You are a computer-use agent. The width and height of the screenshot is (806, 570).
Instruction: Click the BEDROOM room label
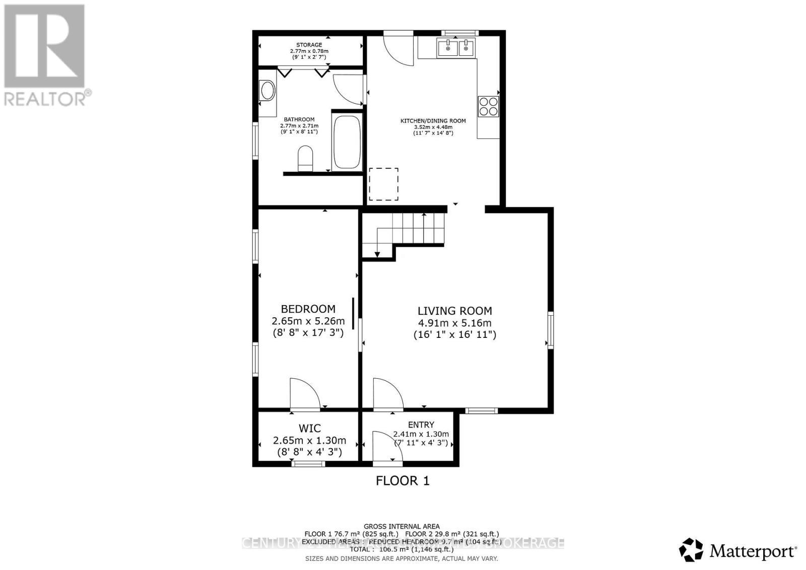point(308,309)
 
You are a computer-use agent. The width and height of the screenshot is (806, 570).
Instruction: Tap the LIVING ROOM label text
point(454,311)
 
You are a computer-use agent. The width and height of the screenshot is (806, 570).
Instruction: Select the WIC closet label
point(309,429)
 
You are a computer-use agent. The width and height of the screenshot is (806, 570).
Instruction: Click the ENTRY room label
point(421,425)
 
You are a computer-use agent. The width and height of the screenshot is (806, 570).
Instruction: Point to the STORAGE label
point(309,45)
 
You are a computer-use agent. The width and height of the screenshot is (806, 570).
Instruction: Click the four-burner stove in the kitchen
point(488,106)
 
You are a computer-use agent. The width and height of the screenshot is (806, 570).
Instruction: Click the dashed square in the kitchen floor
point(384,184)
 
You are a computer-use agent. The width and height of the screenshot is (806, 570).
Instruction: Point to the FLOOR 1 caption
point(402,481)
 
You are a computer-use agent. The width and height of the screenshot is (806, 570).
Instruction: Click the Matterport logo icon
point(691,550)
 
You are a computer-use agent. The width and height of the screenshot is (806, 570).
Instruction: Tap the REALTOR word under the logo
point(44,99)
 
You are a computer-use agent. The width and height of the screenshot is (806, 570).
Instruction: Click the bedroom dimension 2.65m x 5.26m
point(308,321)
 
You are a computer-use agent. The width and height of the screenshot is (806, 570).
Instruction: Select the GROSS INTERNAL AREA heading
point(401,527)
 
